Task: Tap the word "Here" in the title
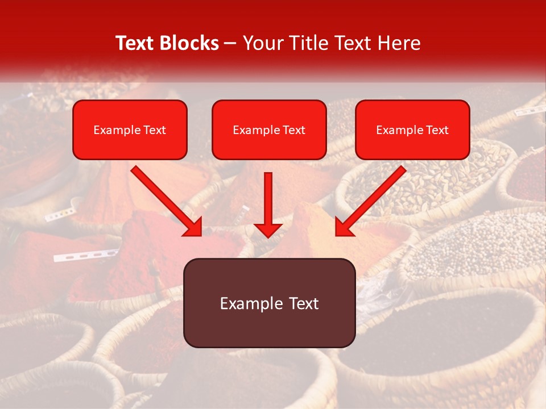tap(399, 43)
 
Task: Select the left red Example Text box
tap(130, 130)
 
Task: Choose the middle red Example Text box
tap(269, 130)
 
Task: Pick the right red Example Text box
tap(412, 130)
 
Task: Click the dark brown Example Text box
tap(269, 303)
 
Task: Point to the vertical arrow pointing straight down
tap(268, 202)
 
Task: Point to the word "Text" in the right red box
tap(437, 130)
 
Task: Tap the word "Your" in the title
tap(260, 43)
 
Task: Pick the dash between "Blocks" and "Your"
tap(230, 44)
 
